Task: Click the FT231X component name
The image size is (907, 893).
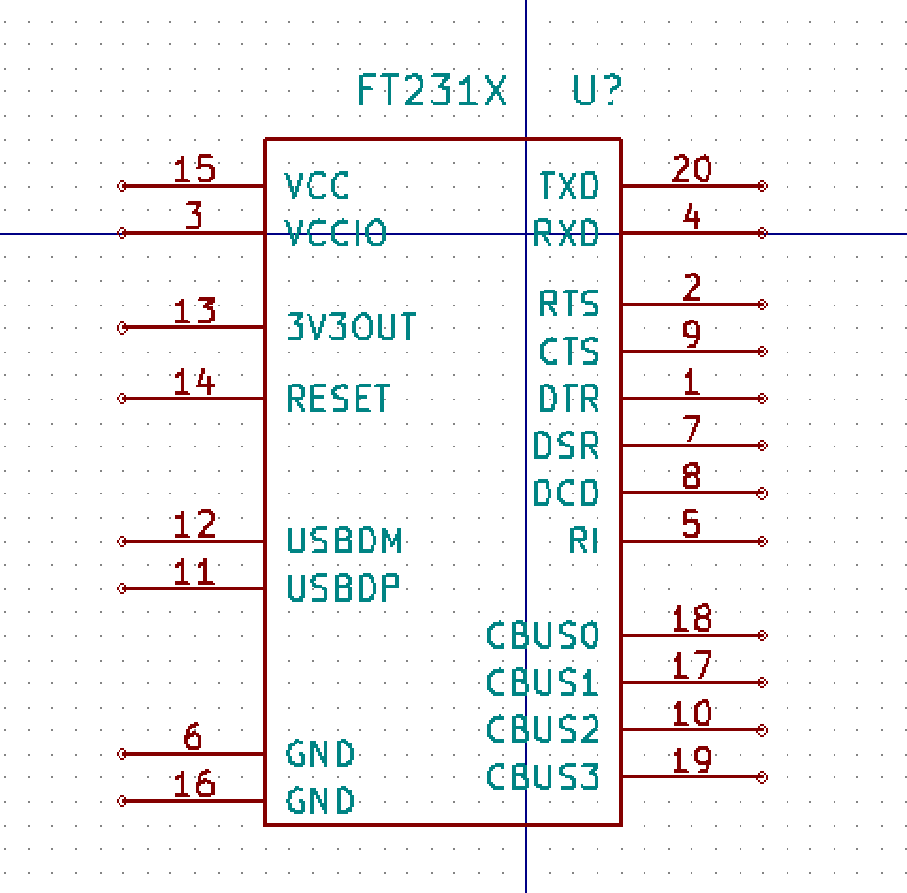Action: (432, 91)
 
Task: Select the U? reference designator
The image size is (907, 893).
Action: (597, 91)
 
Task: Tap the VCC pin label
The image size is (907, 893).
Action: (317, 186)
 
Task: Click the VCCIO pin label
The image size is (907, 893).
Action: (336, 233)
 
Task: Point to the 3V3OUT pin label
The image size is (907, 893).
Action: (351, 327)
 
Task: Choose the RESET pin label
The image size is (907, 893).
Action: (338, 399)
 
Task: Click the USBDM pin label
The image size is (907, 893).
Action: (344, 541)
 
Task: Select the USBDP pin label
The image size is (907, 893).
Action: (343, 588)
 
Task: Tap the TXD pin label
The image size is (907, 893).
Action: (568, 186)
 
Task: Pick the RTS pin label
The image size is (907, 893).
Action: (568, 304)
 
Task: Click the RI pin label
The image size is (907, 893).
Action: (583, 541)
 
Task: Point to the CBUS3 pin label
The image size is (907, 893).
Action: (543, 777)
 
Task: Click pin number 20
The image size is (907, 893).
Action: (692, 169)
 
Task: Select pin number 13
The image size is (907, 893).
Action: (195, 310)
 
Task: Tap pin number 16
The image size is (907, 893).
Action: (195, 784)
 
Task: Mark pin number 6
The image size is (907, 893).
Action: (193, 737)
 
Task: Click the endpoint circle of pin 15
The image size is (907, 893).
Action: (121, 186)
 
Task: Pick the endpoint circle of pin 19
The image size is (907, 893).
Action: (762, 777)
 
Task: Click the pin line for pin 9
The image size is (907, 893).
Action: (692, 352)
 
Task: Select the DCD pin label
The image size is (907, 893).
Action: (565, 493)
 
